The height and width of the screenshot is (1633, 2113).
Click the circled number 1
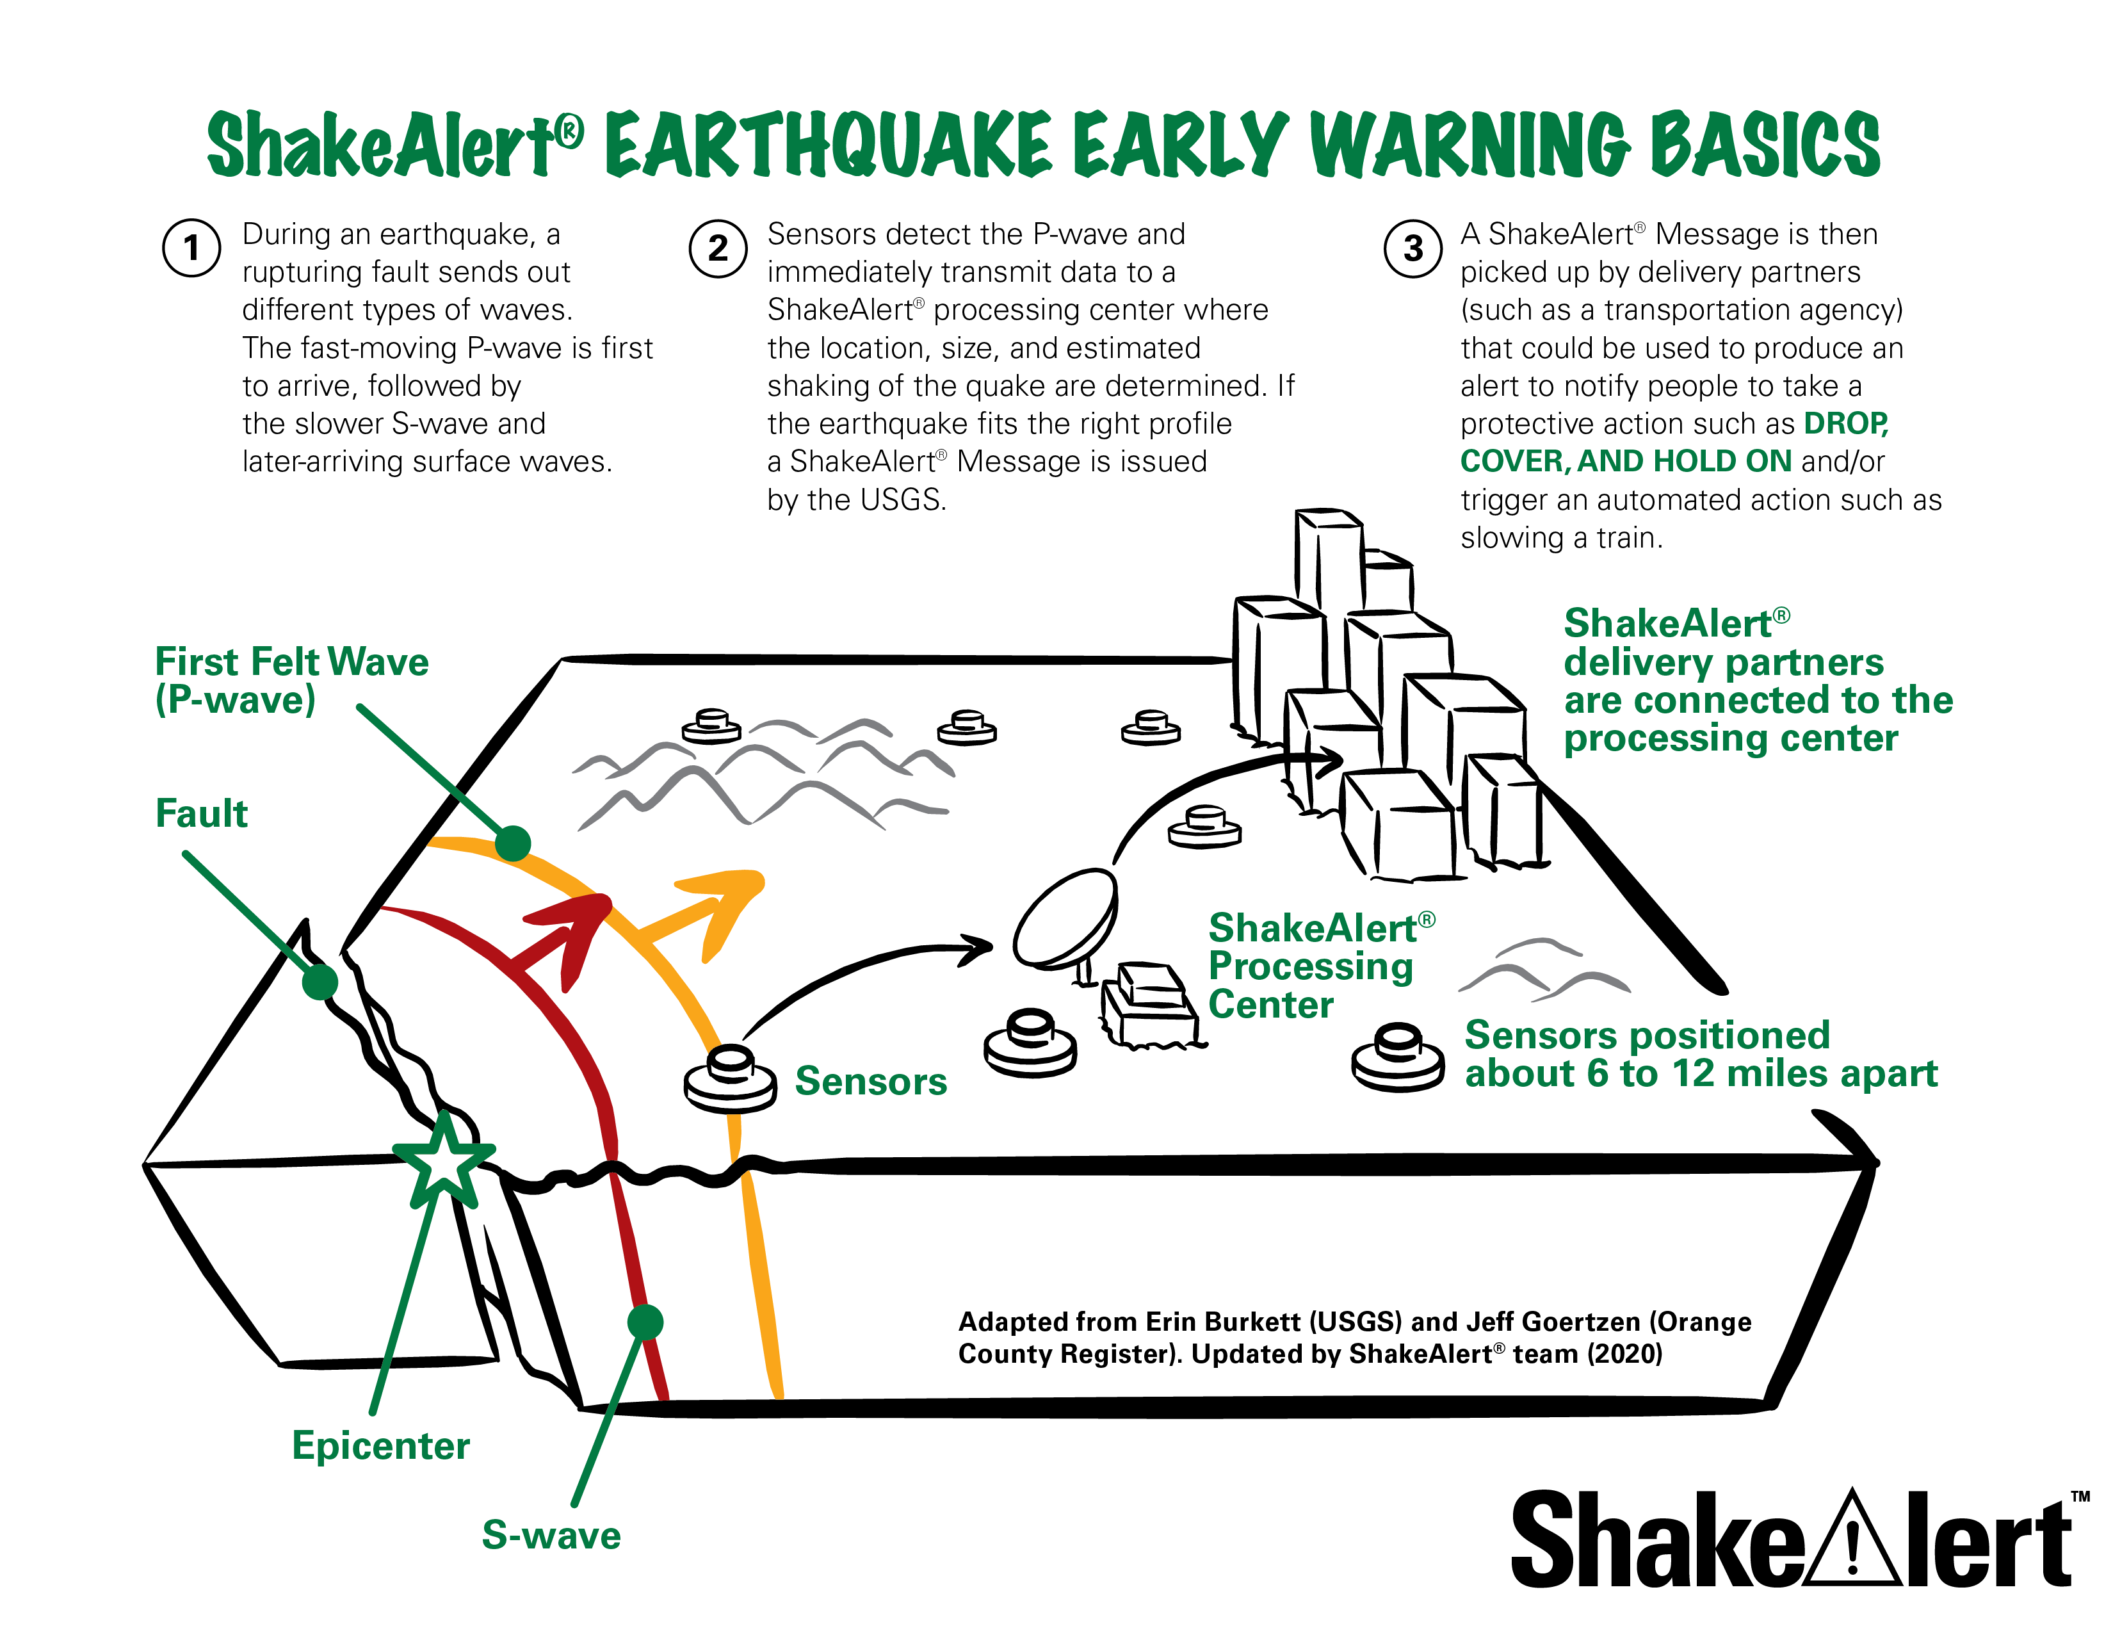(191, 248)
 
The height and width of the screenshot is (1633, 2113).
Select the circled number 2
(717, 248)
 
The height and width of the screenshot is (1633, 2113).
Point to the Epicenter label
(380, 1445)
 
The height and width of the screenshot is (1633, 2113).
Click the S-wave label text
(551, 1535)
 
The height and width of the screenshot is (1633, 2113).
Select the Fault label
(201, 813)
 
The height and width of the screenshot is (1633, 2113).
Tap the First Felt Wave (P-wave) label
(290, 680)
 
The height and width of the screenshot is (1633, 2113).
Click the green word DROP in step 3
(1845, 424)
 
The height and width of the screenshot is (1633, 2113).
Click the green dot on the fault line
(320, 982)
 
